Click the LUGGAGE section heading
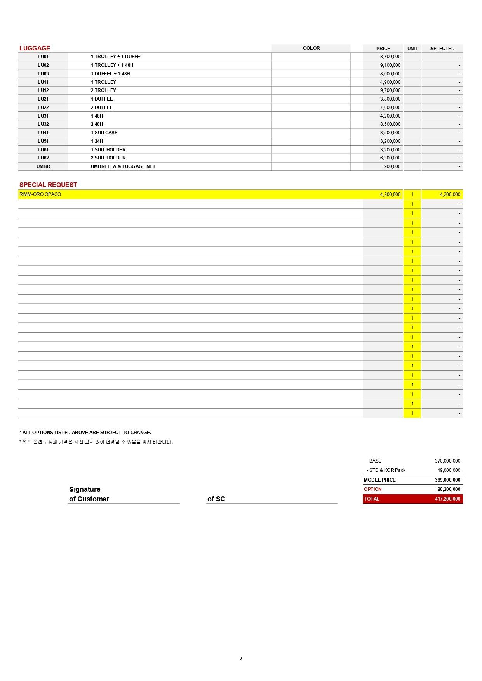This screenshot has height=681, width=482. (x=35, y=48)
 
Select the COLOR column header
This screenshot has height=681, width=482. (x=311, y=48)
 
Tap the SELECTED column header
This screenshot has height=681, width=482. (x=442, y=49)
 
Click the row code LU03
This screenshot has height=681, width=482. (x=43, y=74)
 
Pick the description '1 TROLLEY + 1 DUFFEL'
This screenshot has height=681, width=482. (x=117, y=57)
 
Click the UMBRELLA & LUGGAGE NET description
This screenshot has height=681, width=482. (x=123, y=166)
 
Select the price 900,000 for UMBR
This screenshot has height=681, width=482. (x=392, y=166)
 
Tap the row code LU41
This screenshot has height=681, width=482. (x=43, y=133)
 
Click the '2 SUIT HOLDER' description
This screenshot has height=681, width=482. (x=108, y=158)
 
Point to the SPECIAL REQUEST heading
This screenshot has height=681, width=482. (x=48, y=185)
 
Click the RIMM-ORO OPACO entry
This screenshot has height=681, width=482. (x=40, y=194)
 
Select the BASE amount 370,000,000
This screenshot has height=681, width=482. (x=447, y=461)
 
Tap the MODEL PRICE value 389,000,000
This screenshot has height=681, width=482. (x=447, y=480)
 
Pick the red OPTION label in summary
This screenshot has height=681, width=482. (x=372, y=489)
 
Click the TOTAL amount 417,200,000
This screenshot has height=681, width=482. (x=447, y=499)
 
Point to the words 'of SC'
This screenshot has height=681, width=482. (x=216, y=499)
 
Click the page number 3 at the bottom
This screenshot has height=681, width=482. (x=241, y=658)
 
